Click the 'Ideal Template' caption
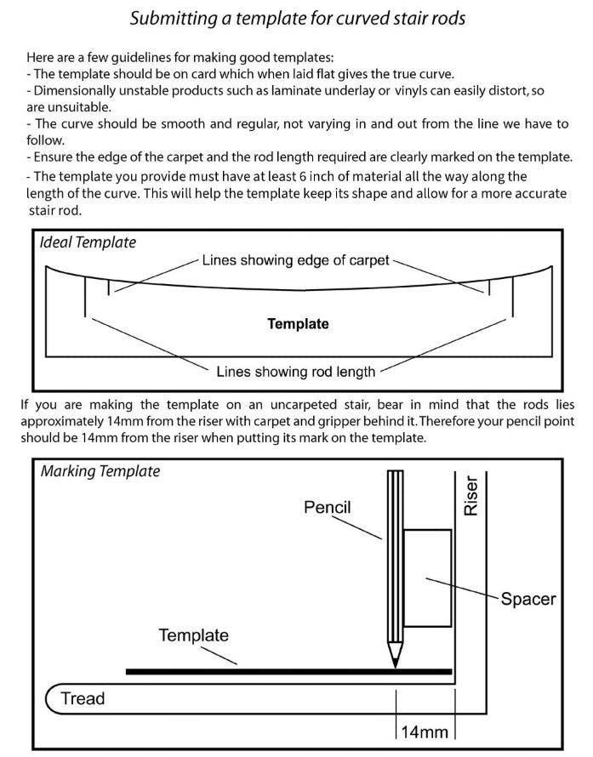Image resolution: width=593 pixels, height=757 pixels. click(88, 242)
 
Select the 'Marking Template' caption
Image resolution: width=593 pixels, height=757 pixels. click(100, 471)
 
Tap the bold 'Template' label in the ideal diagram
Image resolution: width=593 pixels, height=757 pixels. click(298, 323)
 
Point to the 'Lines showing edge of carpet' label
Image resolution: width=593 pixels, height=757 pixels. click(296, 260)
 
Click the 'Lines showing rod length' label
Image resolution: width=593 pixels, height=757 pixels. click(296, 372)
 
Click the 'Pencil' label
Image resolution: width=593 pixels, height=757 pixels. click(328, 508)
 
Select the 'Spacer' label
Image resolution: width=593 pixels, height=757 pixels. click(527, 599)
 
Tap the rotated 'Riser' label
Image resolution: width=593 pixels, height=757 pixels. click(471, 495)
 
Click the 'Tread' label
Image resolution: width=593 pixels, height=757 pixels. click(83, 699)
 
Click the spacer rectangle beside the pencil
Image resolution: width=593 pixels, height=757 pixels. click(427, 576)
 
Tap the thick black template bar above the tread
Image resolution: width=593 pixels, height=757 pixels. click(289, 671)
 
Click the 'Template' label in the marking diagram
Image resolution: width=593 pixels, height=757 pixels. click(193, 635)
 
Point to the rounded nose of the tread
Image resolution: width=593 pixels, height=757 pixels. click(51, 699)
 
